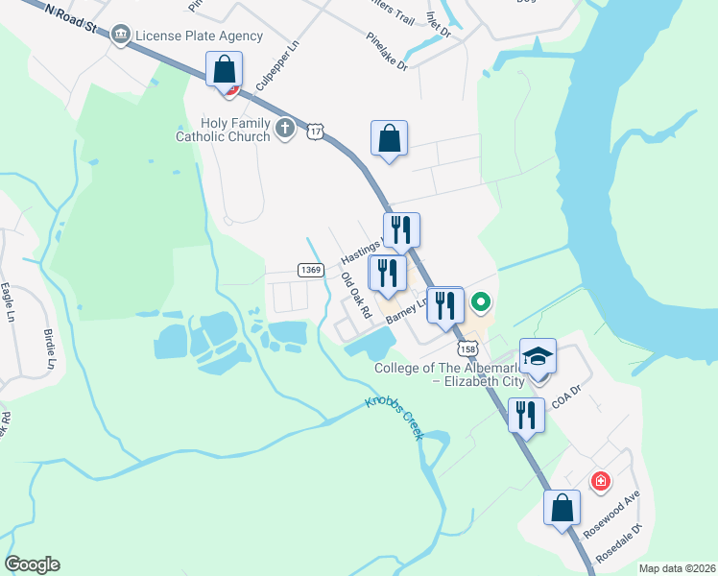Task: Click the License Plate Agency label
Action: (x=199, y=36)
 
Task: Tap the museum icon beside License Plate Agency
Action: (x=121, y=36)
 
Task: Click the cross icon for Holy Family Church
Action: (x=284, y=129)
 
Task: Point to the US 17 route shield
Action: (x=315, y=131)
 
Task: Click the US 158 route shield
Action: (x=467, y=347)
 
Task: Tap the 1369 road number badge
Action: (x=309, y=271)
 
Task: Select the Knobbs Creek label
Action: (x=395, y=419)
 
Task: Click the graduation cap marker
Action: (x=538, y=357)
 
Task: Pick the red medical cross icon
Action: (x=601, y=480)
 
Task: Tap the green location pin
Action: (x=481, y=305)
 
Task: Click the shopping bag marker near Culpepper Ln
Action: (x=224, y=71)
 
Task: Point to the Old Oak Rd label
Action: (x=356, y=296)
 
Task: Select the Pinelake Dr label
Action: (x=387, y=52)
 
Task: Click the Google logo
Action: (x=32, y=564)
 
